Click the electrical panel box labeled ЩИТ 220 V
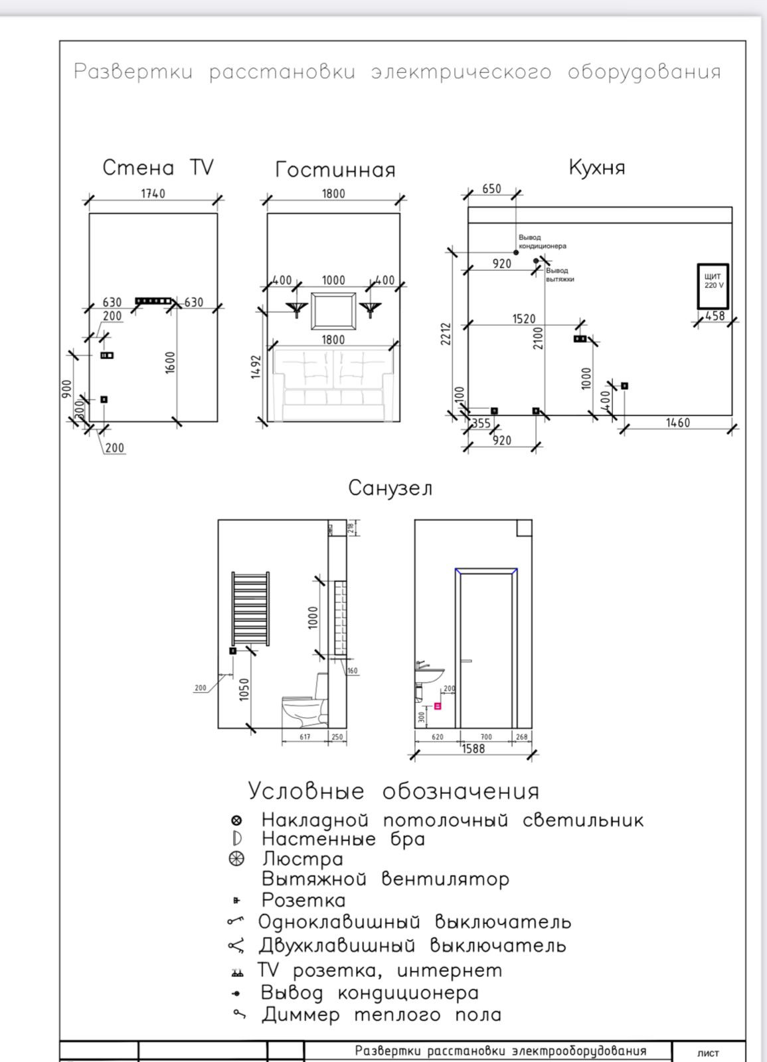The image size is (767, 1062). point(713,286)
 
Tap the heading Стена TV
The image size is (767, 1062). point(158,167)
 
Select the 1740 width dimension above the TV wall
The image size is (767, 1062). point(153,193)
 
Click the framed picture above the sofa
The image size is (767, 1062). point(333,310)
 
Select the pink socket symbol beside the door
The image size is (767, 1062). point(438,706)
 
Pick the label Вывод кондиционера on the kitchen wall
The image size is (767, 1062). point(542,242)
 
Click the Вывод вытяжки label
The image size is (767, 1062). point(559,275)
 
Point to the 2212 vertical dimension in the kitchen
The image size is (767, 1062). point(446,333)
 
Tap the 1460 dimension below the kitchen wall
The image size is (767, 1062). point(677,423)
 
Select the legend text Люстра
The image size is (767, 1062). point(302,860)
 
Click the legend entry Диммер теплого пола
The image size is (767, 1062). point(381,1015)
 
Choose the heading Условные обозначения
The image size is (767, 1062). point(393,791)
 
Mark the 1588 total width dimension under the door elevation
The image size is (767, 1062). point(473,749)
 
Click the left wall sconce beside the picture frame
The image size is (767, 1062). point(297,308)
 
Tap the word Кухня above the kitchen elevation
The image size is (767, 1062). point(596,167)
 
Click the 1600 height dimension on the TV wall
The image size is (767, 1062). point(171,362)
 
